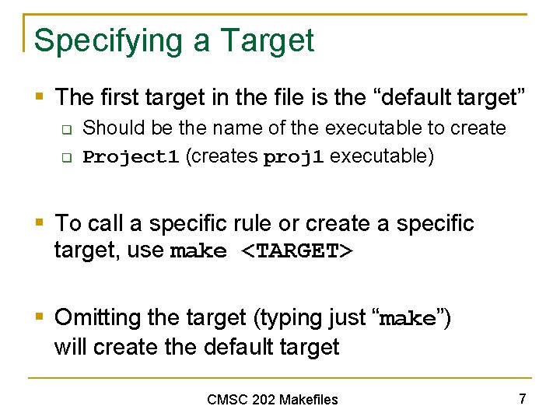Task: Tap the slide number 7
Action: (523, 399)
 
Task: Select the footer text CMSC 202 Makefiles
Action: (272, 400)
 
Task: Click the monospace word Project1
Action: (131, 157)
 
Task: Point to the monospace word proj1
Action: (293, 157)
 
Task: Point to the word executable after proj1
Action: (381, 156)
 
